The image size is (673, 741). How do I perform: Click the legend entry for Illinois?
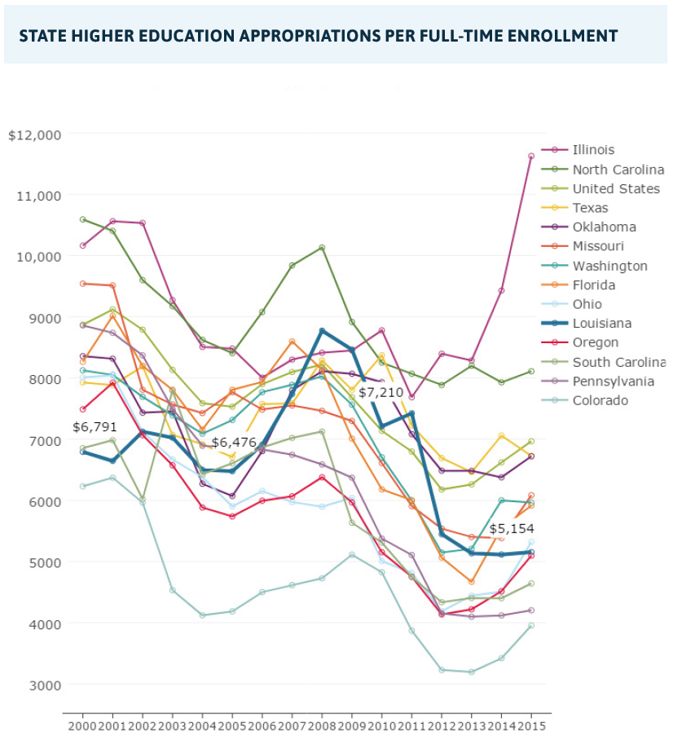click(x=593, y=150)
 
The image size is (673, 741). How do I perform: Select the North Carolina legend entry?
click(x=618, y=170)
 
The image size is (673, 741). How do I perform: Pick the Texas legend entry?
click(x=589, y=208)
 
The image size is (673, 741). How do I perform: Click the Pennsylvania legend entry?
click(x=610, y=382)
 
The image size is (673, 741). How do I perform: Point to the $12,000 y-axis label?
click(x=34, y=135)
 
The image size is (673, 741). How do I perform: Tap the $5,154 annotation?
click(x=512, y=528)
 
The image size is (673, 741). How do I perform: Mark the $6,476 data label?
click(x=234, y=442)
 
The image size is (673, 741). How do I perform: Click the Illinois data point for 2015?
click(x=531, y=156)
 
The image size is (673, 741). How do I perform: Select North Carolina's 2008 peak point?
click(x=322, y=247)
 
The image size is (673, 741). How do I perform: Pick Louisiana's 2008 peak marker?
click(x=322, y=331)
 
